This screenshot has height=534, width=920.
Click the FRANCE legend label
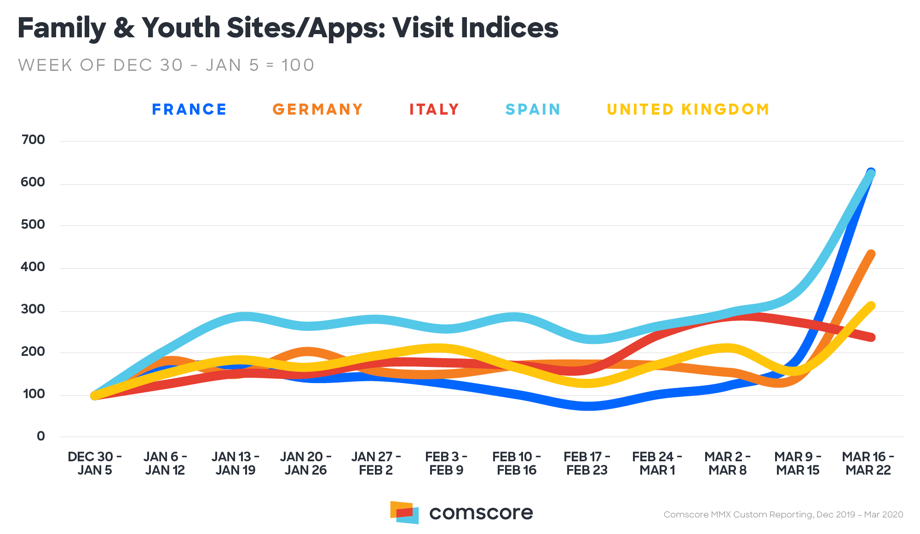click(189, 110)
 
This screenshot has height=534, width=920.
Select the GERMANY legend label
click(318, 110)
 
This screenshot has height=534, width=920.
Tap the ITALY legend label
click(434, 110)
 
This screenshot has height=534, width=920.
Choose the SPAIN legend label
click(533, 110)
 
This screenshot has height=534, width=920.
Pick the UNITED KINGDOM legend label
click(688, 110)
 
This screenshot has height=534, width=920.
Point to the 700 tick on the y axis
click(33, 140)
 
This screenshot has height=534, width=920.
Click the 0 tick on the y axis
click(41, 436)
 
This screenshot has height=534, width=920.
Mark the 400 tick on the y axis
click(33, 267)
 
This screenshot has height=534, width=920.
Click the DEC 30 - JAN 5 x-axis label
click(95, 464)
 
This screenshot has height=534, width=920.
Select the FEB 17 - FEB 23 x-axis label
click(587, 464)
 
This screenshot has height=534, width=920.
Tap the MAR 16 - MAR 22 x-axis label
click(868, 464)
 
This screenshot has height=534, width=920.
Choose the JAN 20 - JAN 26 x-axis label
click(305, 464)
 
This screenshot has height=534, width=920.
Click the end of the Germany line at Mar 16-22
click(870, 254)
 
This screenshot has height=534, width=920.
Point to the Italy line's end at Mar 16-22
click(871, 337)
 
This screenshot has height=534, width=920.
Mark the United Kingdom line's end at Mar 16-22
click(870, 306)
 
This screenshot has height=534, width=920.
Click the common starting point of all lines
click(95, 395)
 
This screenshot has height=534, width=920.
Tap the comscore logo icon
click(404, 512)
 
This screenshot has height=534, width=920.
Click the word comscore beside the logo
click(481, 513)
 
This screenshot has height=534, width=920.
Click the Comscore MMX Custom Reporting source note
click(783, 515)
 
